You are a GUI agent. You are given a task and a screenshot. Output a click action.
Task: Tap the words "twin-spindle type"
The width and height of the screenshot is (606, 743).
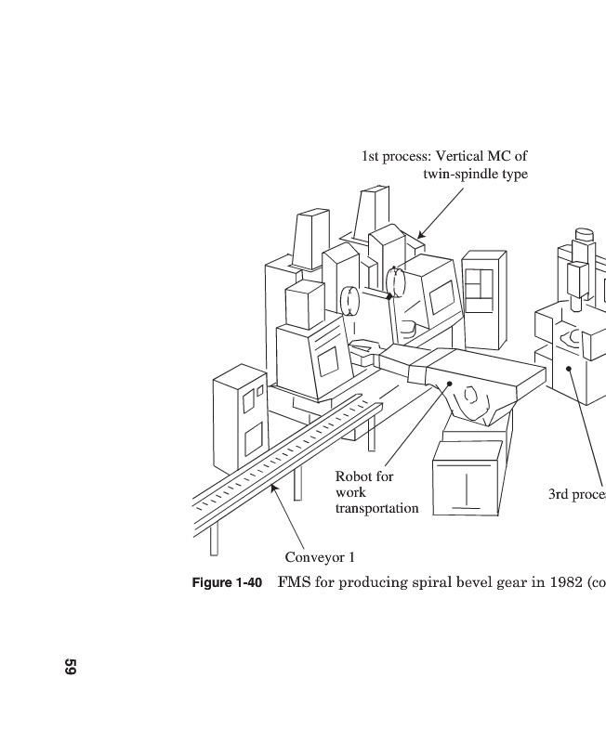475,174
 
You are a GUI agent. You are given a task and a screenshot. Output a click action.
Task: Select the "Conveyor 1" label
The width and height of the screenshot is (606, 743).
320,557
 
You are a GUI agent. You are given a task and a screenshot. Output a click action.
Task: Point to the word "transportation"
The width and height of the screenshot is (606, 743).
376,508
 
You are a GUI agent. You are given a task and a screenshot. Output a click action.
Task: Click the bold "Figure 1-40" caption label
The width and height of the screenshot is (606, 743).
227,583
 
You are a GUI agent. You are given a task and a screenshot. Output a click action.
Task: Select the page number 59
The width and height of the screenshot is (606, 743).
70,667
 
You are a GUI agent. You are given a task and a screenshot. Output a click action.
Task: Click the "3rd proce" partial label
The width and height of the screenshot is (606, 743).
576,494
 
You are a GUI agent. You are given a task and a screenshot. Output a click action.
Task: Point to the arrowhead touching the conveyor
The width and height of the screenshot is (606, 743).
273,488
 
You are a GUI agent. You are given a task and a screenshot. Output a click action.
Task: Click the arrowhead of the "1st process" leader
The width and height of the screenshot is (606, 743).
420,236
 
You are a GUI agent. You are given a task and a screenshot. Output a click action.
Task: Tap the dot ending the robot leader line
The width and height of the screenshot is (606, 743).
450,383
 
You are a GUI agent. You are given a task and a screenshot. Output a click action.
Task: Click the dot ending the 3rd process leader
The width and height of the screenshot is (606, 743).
568,368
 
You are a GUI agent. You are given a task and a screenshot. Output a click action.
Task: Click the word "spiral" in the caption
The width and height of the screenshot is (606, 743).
415,583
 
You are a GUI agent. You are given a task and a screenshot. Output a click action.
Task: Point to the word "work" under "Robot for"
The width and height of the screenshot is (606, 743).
350,492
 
